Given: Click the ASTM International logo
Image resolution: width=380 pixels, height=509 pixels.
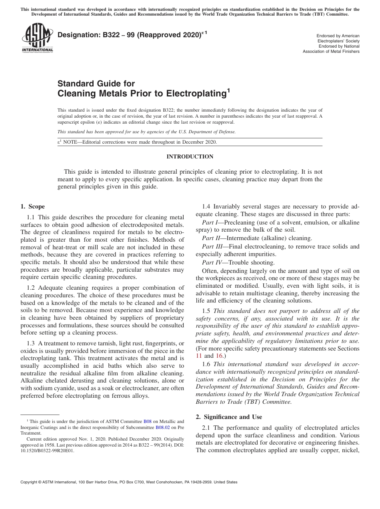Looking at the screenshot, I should point(37,38).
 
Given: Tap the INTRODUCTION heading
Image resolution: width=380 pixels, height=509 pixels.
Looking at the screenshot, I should point(190,156).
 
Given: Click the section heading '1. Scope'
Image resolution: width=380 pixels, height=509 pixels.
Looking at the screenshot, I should point(32,206).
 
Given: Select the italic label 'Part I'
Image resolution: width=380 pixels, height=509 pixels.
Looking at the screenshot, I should point(210,222).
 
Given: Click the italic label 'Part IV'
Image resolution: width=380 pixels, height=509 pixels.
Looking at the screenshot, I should point(211,263).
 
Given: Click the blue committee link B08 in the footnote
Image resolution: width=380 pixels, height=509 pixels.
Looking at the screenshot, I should point(148,421).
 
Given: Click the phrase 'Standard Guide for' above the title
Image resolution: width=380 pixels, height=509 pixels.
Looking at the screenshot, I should point(96,84).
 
